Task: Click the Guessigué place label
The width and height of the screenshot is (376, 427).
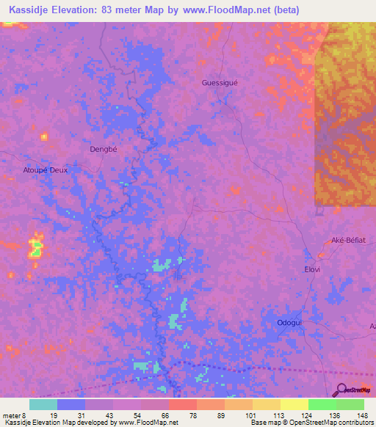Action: click(220, 83)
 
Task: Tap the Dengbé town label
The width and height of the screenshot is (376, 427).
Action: click(104, 148)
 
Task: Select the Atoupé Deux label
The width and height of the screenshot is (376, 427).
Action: click(46, 169)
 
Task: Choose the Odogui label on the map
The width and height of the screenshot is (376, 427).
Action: click(290, 323)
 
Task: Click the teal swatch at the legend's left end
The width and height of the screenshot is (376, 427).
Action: click(43, 404)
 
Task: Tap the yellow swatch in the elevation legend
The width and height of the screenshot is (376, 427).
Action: click(294, 404)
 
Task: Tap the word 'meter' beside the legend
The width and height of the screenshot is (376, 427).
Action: click(12, 415)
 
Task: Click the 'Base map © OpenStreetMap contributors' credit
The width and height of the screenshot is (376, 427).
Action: click(311, 423)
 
